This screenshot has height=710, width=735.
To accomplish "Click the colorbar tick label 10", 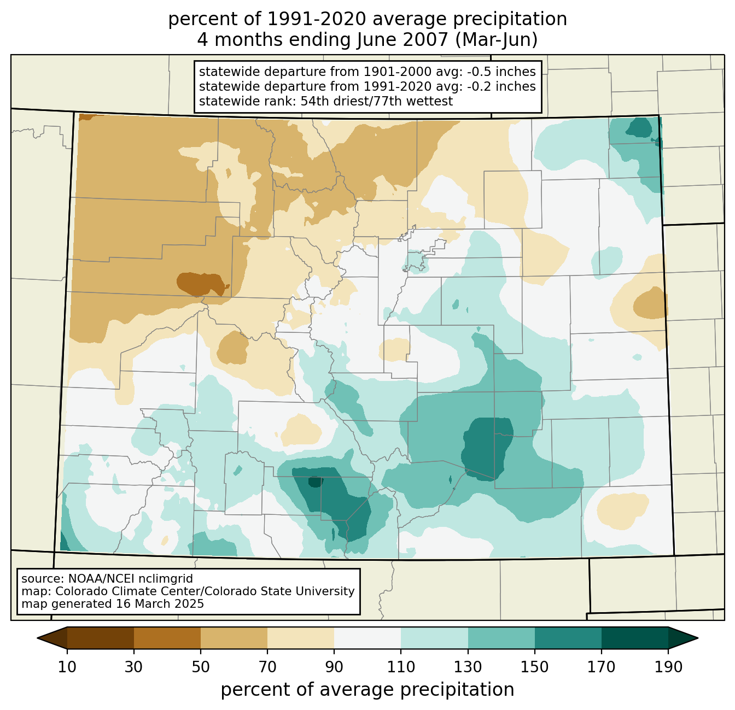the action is pos(67,667).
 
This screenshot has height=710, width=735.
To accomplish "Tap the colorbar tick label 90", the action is pos(334,667).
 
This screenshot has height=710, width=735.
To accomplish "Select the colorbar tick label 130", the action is pos(468,667).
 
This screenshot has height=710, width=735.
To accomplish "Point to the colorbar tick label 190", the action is pos(668,667).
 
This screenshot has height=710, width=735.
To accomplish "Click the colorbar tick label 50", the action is pos(201,667).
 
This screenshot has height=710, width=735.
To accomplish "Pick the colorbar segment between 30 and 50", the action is pos(167,638).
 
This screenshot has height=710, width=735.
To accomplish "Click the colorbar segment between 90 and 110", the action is pos(367,638).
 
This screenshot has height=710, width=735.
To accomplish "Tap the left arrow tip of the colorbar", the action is pos(37,638).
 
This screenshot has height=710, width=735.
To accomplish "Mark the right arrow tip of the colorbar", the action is pos(698,638).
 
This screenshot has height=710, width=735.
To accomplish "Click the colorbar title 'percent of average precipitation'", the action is pos(367,690).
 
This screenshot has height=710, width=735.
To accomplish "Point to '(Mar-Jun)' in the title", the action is pos(497,40).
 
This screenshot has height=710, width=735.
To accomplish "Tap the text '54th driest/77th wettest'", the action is pos(377,101).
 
